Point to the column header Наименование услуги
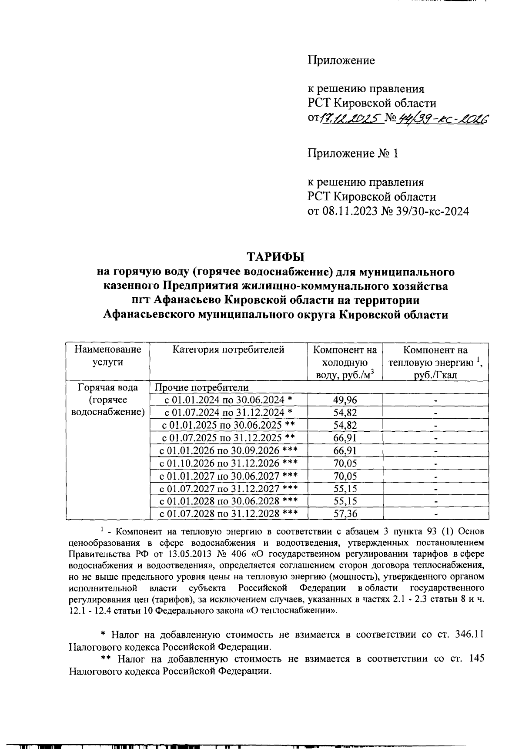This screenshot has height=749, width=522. click(x=107, y=356)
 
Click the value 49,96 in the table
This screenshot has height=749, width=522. click(x=345, y=400)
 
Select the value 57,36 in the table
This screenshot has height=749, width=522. click(x=345, y=514)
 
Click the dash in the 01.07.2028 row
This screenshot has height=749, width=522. click(x=435, y=514)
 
